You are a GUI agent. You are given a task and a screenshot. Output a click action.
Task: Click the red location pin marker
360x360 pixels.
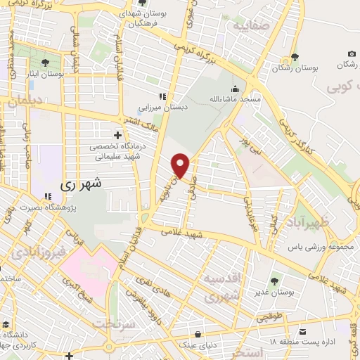tap(181, 165)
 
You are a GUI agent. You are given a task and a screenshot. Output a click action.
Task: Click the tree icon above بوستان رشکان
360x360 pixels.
tap(293, 58)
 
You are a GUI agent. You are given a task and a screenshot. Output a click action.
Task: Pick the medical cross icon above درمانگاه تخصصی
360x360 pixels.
tap(117, 134)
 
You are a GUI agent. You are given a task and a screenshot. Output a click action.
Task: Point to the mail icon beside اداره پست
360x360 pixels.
tap(303, 330)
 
